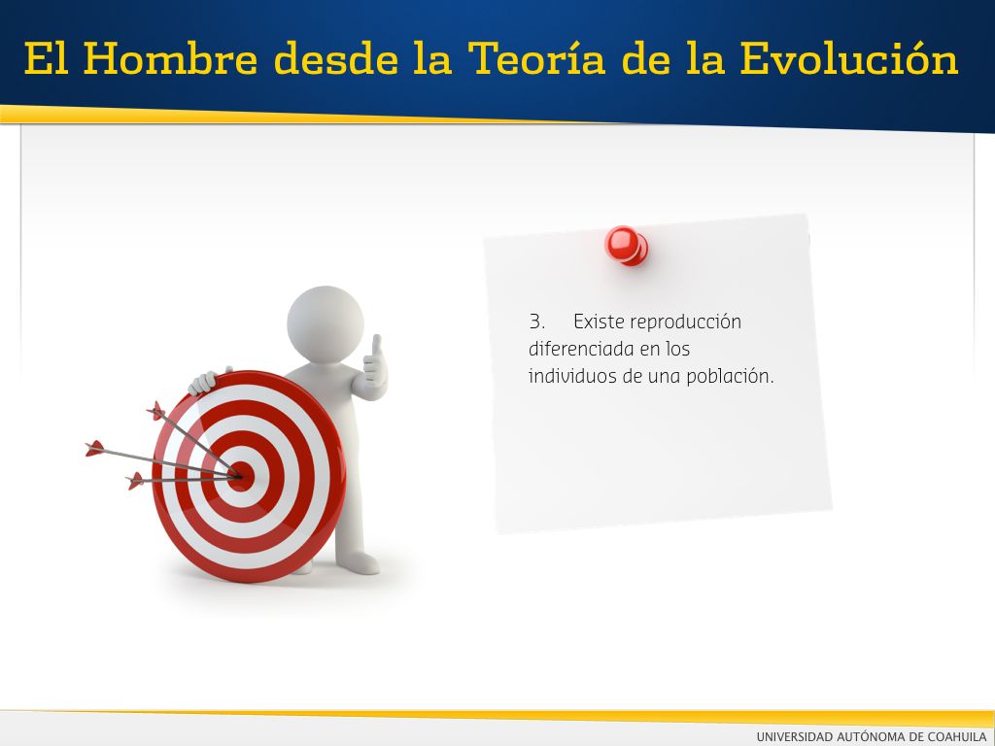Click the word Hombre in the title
[171, 58]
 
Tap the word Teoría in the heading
[536, 58]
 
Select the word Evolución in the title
[849, 58]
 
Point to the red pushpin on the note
[626, 246]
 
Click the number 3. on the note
[536, 322]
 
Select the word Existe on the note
[599, 322]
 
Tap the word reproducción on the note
[685, 322]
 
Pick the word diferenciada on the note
[581, 349]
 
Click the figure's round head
[325, 324]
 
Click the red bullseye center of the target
[241, 476]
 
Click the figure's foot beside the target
[358, 562]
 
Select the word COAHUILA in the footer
[956, 736]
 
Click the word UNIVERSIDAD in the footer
[794, 736]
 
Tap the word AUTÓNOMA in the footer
[870, 736]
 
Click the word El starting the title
[47, 58]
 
